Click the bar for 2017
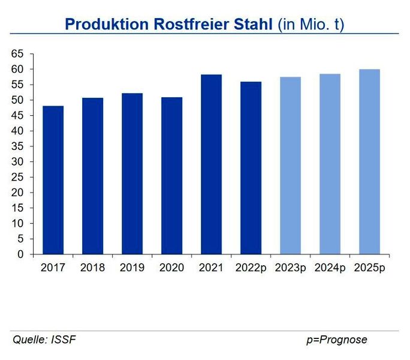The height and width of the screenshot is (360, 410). point(53,180)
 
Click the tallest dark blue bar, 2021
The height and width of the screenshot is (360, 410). point(211,164)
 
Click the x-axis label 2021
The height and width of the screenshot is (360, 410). point(211,267)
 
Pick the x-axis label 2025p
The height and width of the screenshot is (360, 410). point(369,267)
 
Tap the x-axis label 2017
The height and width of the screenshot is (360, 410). point(53,267)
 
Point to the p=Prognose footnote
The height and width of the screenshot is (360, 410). point(336,340)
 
